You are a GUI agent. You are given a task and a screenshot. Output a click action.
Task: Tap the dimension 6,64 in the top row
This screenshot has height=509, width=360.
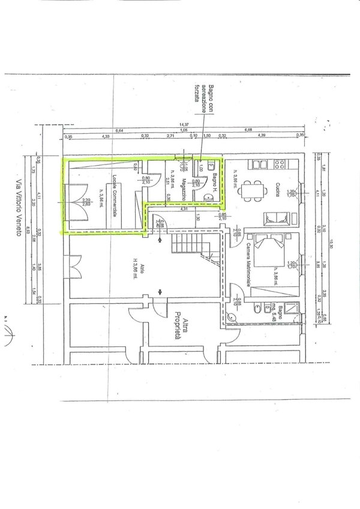pyautogui.click(x=119, y=130)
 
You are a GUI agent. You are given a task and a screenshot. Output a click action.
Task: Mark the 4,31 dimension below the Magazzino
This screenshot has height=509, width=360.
pyautogui.click(x=184, y=209)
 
